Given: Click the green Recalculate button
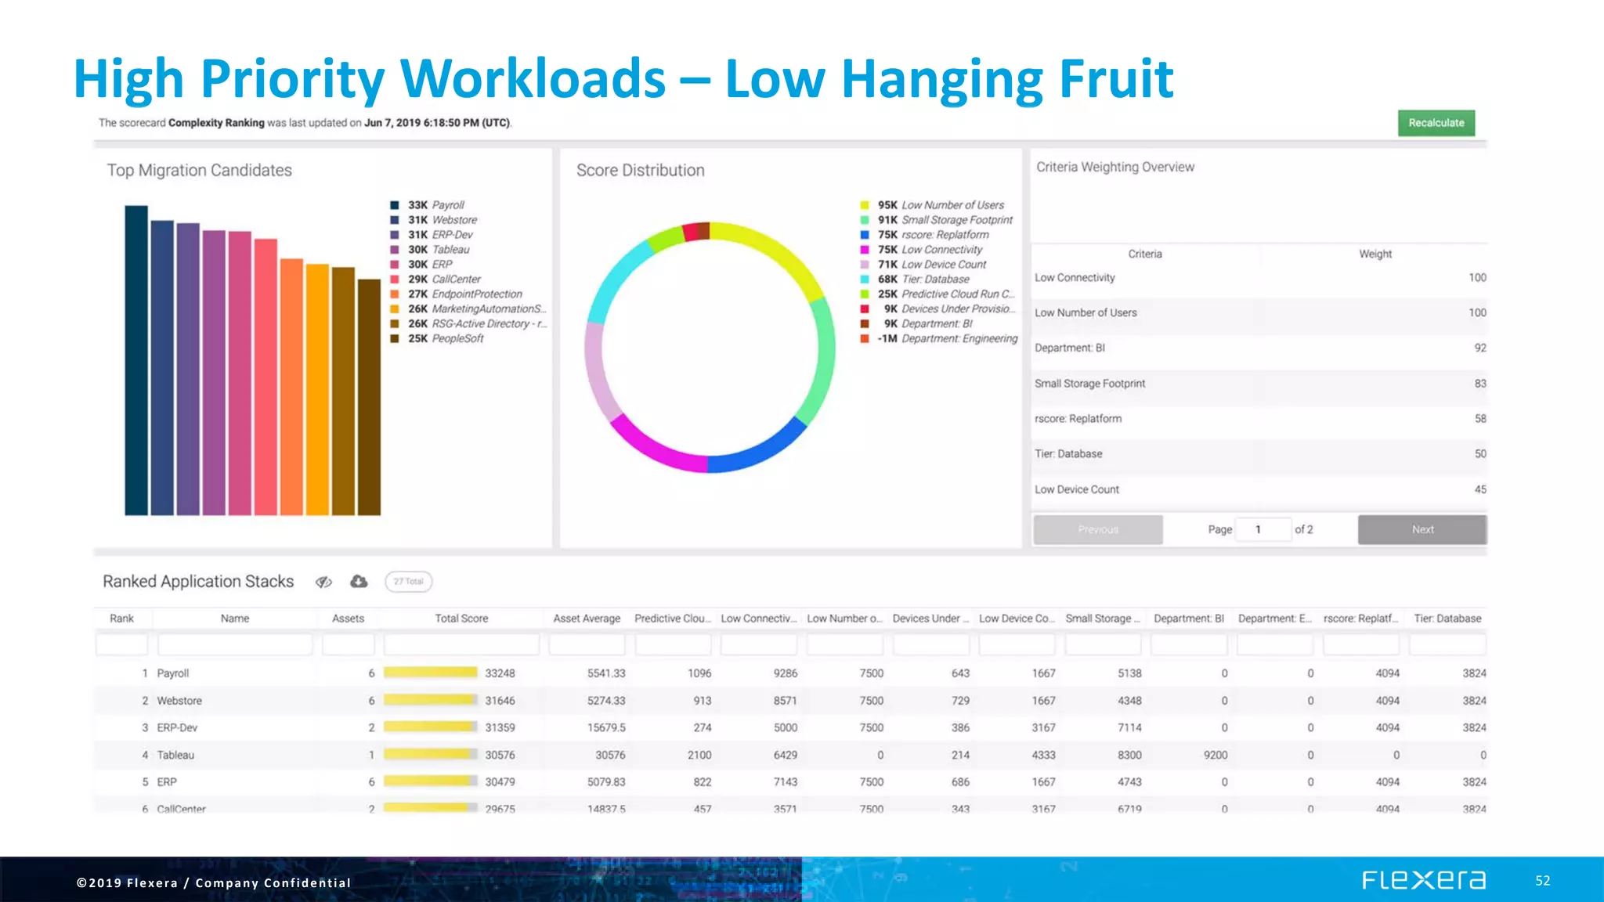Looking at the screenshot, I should tap(1436, 123).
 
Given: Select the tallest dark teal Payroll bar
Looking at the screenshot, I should tap(136, 360).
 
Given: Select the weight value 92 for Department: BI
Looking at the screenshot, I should tap(1479, 348).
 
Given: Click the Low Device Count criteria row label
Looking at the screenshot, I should tap(1077, 489).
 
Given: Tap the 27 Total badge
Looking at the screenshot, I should tap(408, 582).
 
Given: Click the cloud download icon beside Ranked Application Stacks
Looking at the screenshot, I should tap(359, 581).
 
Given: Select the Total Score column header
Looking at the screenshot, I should tap(461, 619).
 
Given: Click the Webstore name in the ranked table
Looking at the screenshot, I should tap(179, 701).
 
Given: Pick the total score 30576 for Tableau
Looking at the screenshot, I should tap(500, 755).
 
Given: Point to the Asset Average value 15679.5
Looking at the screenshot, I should tap(606, 727).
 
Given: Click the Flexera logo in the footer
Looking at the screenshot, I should tap(1423, 880).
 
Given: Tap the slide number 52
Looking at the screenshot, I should tap(1542, 881).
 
